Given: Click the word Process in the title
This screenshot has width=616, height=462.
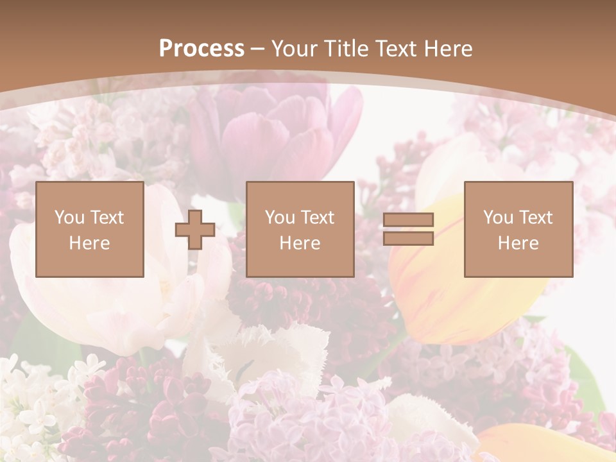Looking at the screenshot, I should tap(201, 49).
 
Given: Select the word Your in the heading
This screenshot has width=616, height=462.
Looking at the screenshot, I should tap(296, 49).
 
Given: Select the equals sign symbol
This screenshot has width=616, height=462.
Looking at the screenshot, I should tap(408, 229).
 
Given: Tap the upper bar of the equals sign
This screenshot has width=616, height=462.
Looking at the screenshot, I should tap(408, 220).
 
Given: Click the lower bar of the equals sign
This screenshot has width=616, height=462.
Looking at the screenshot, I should tap(408, 238).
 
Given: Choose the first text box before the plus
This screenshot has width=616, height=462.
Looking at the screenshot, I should tap(90, 229).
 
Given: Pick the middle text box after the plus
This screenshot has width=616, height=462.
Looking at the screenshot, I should tap(300, 229).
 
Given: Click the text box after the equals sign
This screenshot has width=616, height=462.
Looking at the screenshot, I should tap(518, 229).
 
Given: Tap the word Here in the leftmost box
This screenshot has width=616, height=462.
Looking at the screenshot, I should tap(90, 243).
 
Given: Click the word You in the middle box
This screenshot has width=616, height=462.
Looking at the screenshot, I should tap(280, 218).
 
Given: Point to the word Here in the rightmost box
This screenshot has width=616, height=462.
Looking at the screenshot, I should tap(518, 243).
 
